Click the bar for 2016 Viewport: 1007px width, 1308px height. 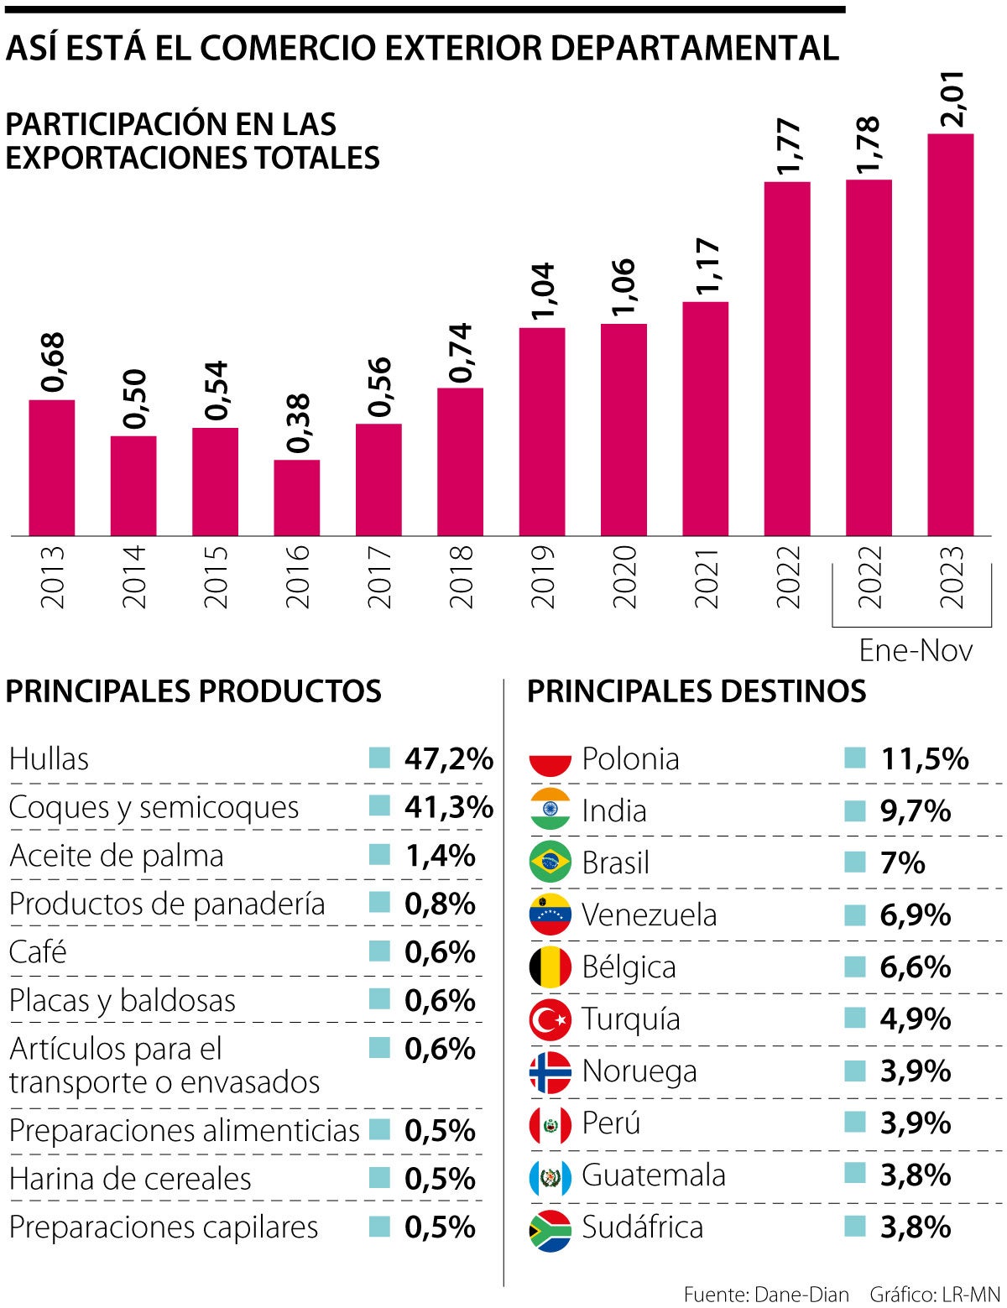point(296,498)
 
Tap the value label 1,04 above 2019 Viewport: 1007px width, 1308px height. point(543,292)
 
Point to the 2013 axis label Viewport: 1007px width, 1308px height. point(52,577)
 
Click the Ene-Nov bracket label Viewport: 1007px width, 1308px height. point(916,651)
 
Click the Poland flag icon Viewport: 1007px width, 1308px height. point(550,759)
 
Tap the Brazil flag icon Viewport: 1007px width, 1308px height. point(550,862)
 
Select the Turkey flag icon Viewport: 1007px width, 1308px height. point(550,1019)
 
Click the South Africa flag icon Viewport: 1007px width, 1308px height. point(550,1228)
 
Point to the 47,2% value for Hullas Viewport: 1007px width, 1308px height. point(448,759)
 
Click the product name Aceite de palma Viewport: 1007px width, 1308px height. point(117,856)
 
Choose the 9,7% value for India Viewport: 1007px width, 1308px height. point(915,811)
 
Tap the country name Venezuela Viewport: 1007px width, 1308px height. point(649,915)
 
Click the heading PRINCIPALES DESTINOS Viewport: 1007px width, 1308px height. point(696,691)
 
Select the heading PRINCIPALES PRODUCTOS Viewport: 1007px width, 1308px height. point(193,691)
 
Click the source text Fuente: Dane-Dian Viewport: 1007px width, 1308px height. point(765,1295)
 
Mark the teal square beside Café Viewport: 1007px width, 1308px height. point(379,951)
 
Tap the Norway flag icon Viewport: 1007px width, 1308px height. point(550,1072)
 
